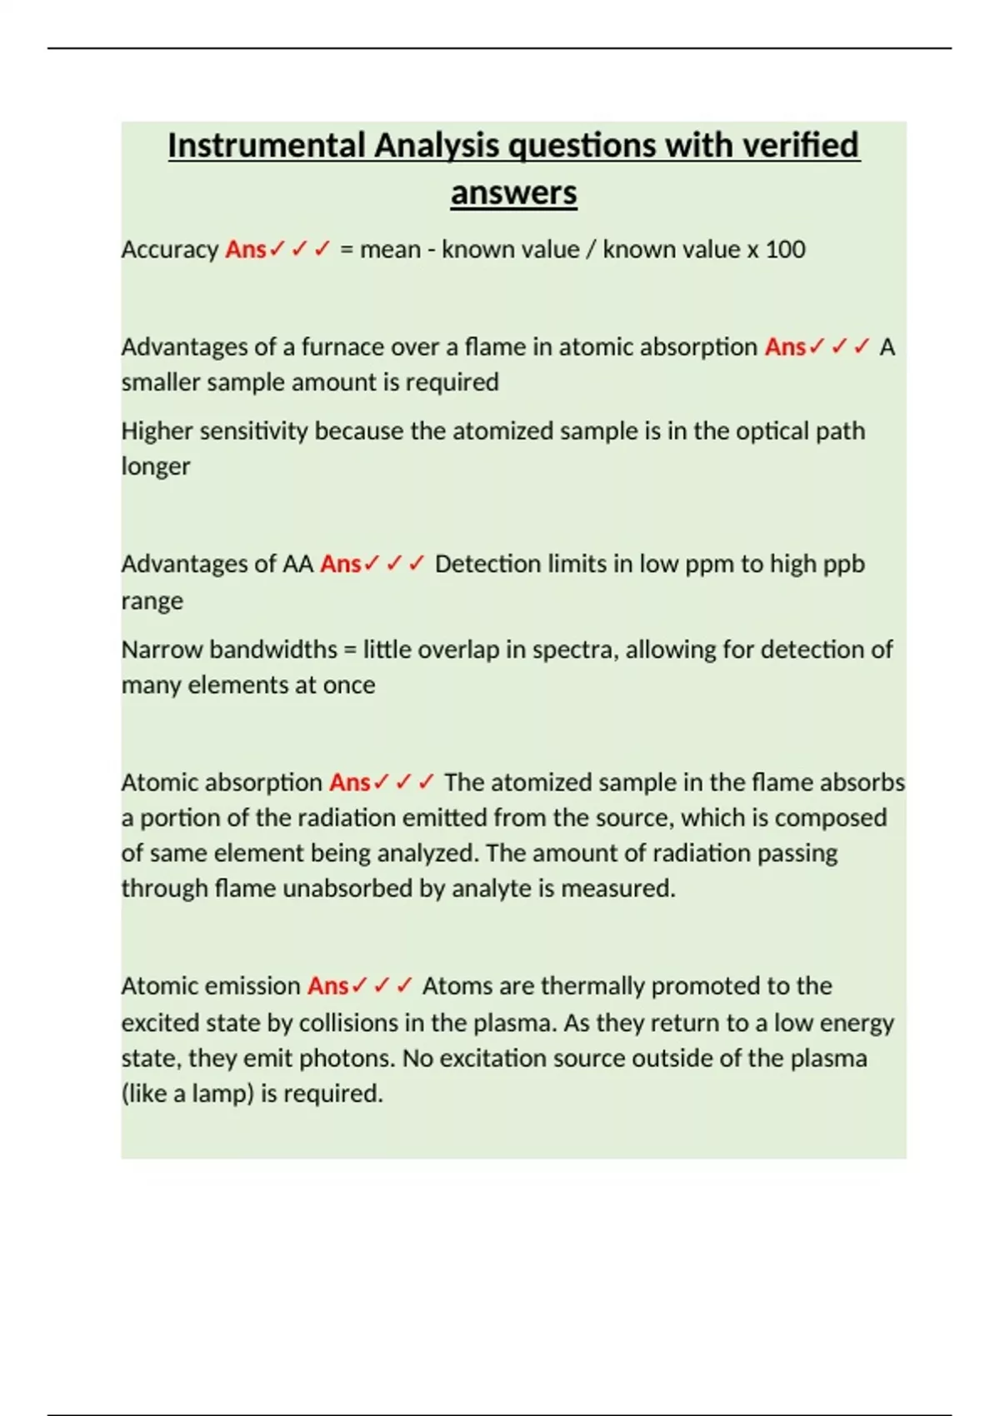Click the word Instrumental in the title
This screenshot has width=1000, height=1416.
(x=267, y=146)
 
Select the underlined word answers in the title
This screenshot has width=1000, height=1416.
(x=513, y=193)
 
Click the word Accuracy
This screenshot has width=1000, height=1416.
(x=169, y=250)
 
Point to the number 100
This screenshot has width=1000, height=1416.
(x=785, y=250)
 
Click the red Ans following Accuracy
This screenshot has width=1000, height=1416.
(x=245, y=250)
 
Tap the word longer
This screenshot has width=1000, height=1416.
(x=155, y=466)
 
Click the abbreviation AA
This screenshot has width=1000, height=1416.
(x=297, y=565)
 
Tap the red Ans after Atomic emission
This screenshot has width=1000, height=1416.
(x=327, y=986)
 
